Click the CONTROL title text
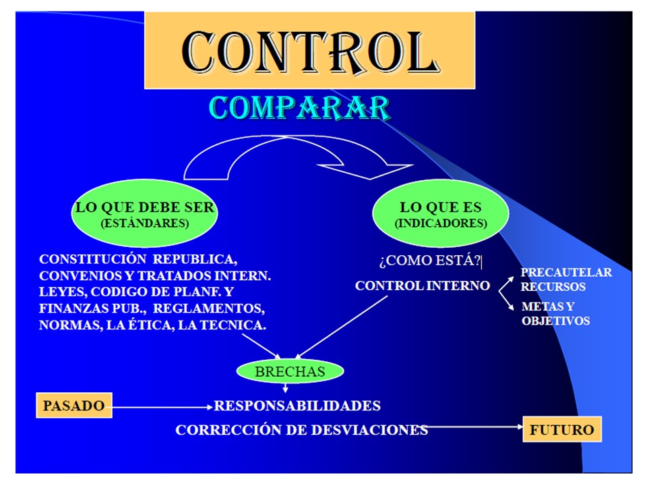coord(310,51)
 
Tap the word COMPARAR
coord(299,108)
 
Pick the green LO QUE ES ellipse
coord(439,215)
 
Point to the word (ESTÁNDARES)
coord(144,223)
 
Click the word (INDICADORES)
coord(440,223)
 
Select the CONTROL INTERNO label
coord(422,286)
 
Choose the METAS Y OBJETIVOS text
coord(556,314)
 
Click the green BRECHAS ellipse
coord(290,371)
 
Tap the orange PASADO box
coord(73,406)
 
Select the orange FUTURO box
coord(561,429)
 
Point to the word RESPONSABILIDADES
coord(297,406)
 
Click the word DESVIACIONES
coord(369,430)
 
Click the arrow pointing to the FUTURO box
coord(475,427)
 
